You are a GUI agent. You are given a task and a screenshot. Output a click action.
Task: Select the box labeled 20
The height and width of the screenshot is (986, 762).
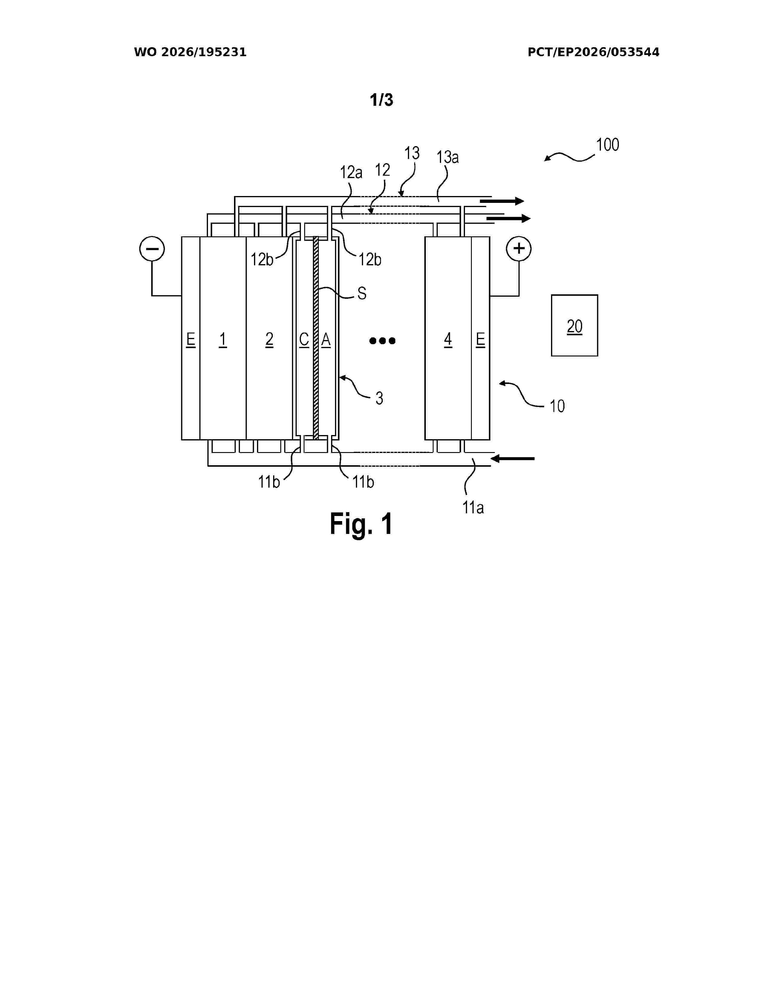pyautogui.click(x=574, y=325)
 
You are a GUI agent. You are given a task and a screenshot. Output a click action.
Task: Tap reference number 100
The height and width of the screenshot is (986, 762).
pyautogui.click(x=607, y=145)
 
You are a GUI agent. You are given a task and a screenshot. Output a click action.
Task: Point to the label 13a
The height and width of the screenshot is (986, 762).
pyautogui.click(x=447, y=157)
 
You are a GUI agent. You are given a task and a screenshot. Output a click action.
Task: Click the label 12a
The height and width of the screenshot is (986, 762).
pyautogui.click(x=351, y=172)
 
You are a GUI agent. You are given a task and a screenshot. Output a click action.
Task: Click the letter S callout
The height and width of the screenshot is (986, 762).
pyautogui.click(x=362, y=294)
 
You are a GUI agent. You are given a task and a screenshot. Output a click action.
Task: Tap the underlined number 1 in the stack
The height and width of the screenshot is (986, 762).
pyautogui.click(x=223, y=339)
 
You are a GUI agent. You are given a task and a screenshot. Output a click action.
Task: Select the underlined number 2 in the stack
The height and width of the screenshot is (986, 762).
pyautogui.click(x=269, y=339)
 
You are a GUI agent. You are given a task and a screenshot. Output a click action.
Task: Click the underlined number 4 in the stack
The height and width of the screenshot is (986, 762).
pyautogui.click(x=448, y=339)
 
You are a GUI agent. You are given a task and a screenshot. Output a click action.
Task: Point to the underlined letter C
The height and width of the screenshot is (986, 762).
pyautogui.click(x=304, y=339)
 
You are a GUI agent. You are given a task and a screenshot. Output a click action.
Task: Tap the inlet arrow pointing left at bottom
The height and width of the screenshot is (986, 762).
pyautogui.click(x=512, y=459)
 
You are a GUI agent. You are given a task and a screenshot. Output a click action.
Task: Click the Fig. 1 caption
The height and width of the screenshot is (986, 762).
pyautogui.click(x=361, y=524)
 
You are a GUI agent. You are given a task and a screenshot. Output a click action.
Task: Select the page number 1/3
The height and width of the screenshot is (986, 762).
pyautogui.click(x=382, y=100)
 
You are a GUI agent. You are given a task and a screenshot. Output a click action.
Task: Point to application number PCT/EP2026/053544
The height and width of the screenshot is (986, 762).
pyautogui.click(x=594, y=52)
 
